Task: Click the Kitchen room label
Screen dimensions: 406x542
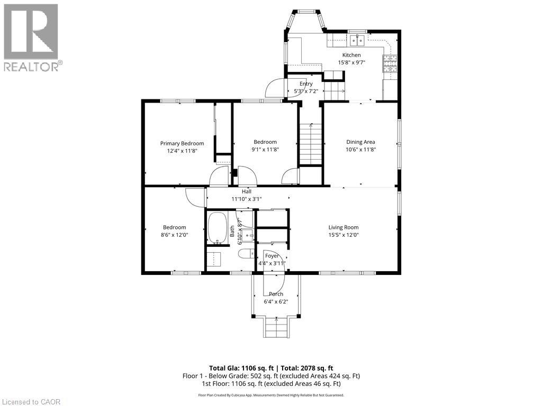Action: pos(351,55)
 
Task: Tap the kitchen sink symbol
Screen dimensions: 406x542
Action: pos(356,40)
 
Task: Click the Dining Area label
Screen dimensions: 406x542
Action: pos(360,142)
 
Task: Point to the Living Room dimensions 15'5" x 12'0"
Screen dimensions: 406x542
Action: pos(344,235)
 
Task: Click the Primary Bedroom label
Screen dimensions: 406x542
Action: pos(182,143)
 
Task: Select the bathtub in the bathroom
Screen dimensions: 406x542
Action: pos(216,228)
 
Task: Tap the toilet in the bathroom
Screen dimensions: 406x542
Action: pos(246,254)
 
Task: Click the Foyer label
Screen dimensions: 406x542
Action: pos(272,256)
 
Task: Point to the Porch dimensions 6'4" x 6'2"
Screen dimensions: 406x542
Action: pos(276,302)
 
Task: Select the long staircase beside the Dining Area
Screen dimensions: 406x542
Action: pos(311,144)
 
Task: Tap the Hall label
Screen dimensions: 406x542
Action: pos(247,191)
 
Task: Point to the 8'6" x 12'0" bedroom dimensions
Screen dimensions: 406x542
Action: pos(174,235)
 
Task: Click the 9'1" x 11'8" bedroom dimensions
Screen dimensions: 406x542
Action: pos(265,150)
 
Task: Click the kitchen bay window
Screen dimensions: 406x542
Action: pos(305,21)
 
